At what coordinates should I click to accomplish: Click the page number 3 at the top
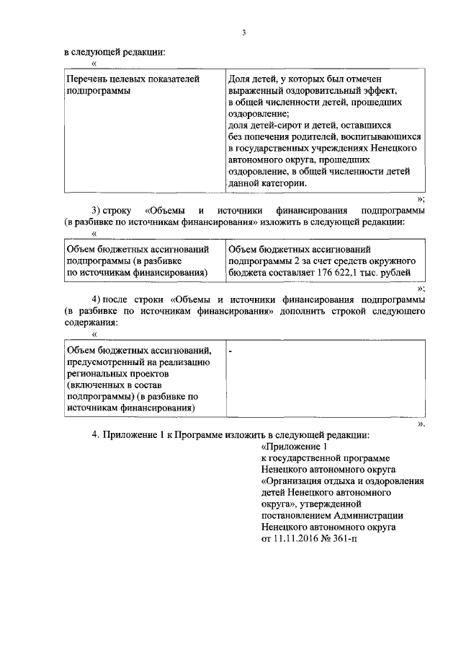point(244,31)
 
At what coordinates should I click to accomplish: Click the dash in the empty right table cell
point(230,351)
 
